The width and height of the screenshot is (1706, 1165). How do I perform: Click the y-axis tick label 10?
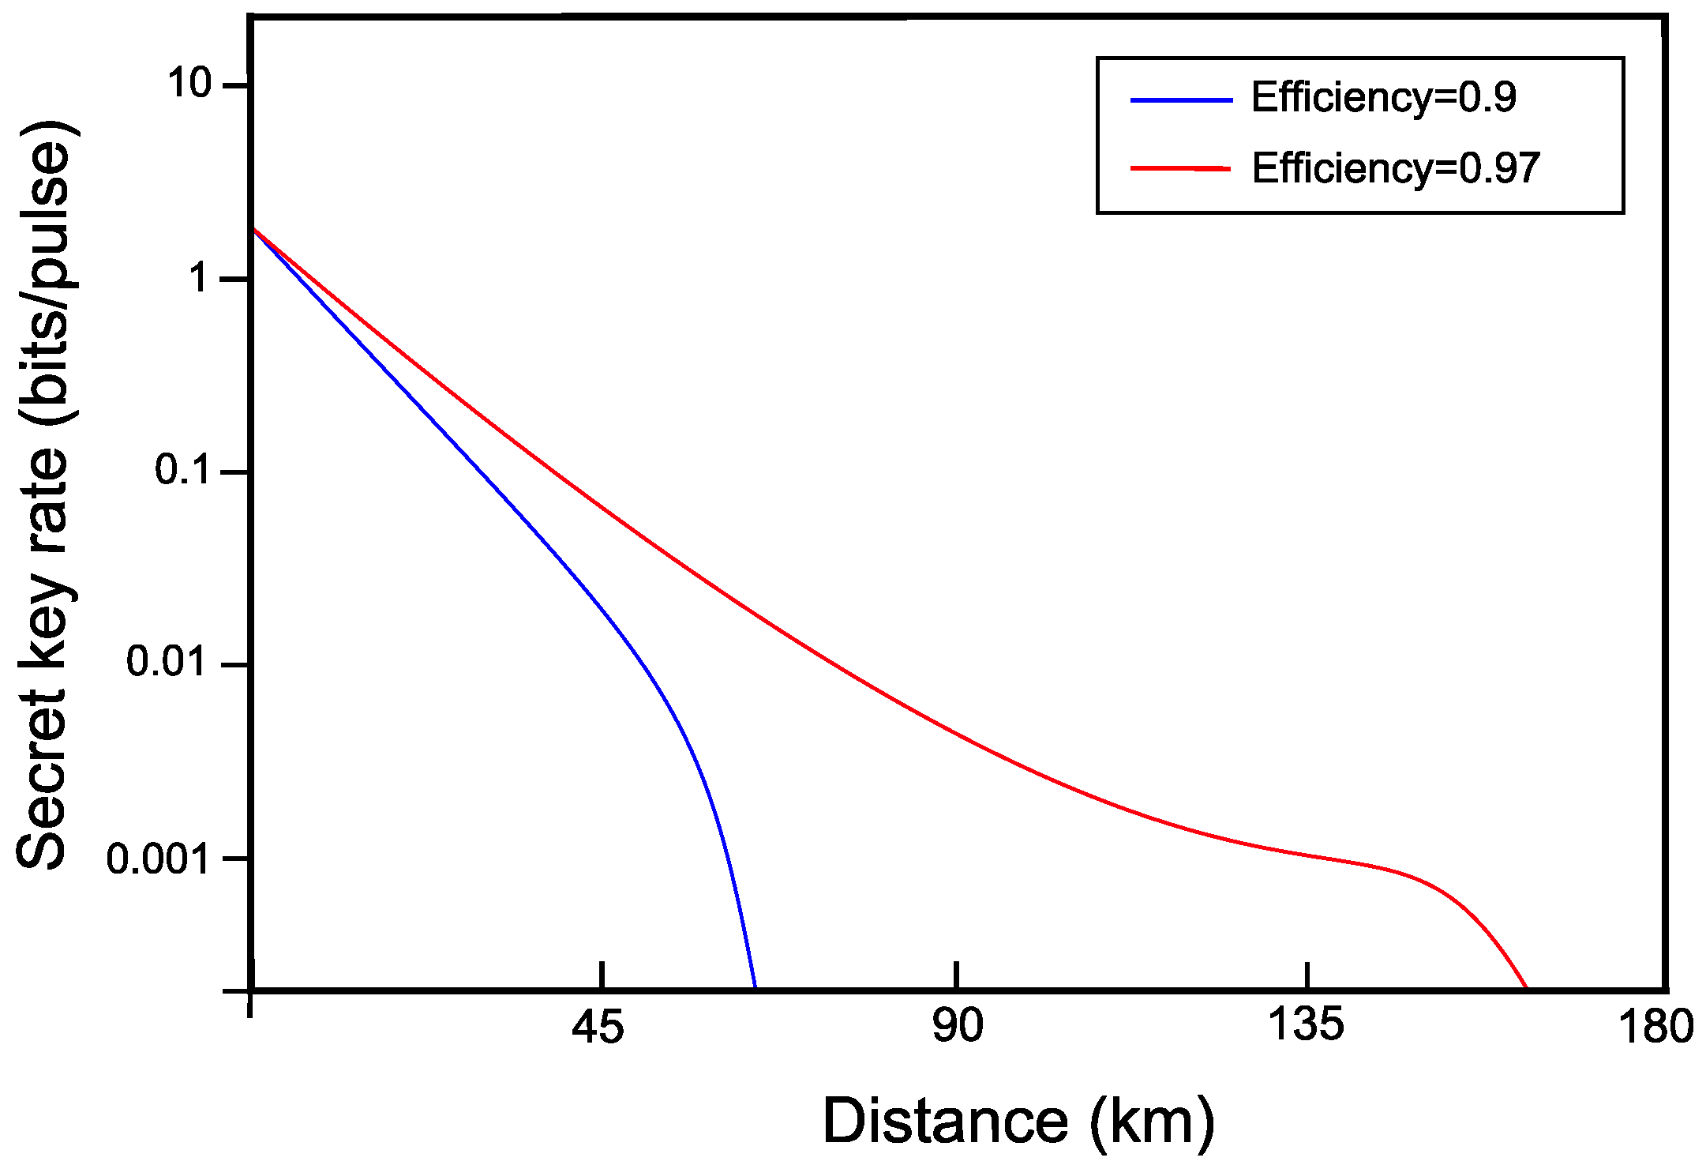point(190,83)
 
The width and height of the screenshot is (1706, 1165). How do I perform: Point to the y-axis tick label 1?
point(202,278)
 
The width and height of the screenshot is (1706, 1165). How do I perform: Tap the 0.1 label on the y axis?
point(182,471)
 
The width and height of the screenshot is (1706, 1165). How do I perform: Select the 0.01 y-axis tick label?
point(167,662)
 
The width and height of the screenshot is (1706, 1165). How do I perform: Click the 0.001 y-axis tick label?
point(158,859)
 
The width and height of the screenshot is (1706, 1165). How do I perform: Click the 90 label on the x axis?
point(958,1026)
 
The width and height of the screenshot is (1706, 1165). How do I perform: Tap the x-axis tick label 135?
point(1306,1024)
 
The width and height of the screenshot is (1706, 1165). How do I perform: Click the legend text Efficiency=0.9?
point(1383,98)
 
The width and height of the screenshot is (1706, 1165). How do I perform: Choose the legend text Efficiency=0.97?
point(1396,168)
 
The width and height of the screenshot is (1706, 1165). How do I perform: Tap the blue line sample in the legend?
point(1181,100)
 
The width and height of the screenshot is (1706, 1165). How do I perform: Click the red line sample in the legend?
point(1181,168)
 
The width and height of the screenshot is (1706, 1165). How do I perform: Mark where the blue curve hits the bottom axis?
point(755,987)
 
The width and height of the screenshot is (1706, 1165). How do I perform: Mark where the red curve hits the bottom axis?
point(1526,987)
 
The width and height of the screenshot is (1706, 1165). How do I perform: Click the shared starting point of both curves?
point(253,229)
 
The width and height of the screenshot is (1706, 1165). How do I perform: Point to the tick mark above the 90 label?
point(957,976)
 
